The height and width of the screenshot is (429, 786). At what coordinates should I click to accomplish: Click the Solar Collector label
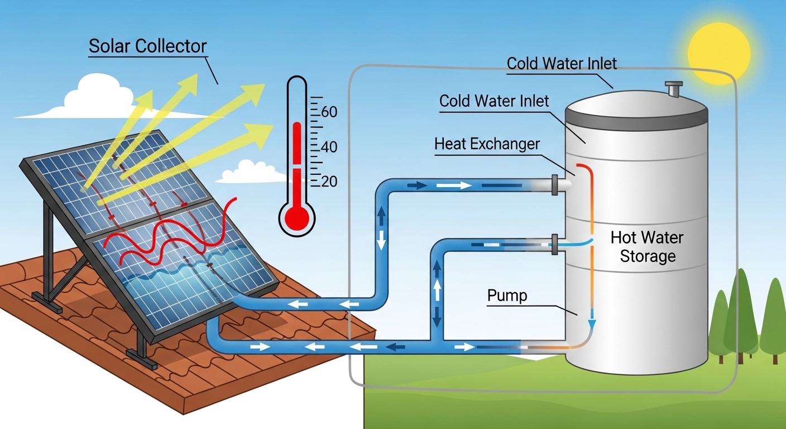point(147,46)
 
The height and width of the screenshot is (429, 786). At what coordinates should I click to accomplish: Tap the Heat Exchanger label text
point(487,145)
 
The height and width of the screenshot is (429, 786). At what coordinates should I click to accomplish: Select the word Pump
point(507,295)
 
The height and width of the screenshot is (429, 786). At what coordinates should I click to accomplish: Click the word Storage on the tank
point(647,256)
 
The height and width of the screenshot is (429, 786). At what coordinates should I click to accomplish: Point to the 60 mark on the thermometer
point(329,112)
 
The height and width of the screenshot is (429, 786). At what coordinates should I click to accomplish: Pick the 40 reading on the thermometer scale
point(329,147)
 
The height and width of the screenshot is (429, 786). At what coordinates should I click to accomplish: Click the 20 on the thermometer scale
point(329,182)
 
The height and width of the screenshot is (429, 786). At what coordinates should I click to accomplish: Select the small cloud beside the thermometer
point(245,173)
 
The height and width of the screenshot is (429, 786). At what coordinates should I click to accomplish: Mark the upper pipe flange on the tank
point(554,184)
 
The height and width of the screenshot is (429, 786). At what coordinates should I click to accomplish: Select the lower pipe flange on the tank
point(554,245)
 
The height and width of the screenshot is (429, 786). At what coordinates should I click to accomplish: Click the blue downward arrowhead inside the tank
point(592,325)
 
